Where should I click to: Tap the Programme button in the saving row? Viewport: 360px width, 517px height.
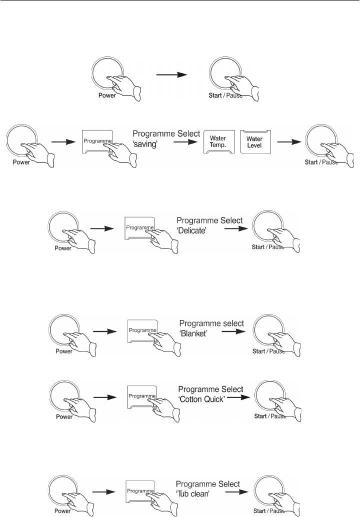(97, 141)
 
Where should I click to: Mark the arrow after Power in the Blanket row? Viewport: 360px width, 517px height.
(103, 330)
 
